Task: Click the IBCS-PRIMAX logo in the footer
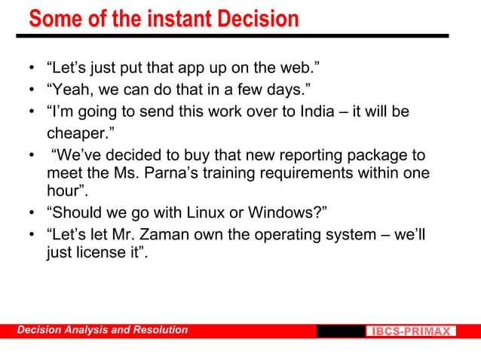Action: (412, 331)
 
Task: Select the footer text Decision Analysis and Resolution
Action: (103, 330)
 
